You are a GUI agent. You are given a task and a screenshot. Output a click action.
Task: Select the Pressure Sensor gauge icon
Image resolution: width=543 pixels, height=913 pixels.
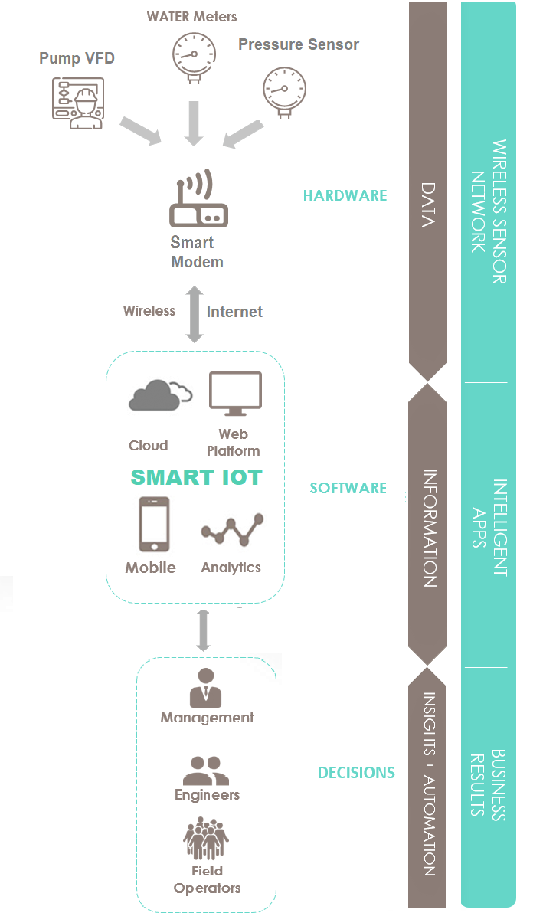point(284,90)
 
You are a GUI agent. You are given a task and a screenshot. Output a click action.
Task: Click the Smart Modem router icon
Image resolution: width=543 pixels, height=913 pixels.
point(198,201)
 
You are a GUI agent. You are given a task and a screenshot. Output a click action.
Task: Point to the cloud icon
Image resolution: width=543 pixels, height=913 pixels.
point(159,394)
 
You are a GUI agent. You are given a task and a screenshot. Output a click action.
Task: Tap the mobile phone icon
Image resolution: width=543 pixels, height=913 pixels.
point(153,525)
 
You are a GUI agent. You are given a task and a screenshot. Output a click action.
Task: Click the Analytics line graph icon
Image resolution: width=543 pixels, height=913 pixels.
point(232,529)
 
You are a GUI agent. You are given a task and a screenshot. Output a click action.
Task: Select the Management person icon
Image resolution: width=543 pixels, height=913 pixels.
point(205,688)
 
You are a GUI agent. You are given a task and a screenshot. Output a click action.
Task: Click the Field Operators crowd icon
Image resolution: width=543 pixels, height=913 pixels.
point(206,838)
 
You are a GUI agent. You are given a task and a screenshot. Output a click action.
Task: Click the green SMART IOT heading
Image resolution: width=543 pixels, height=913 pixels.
point(197,478)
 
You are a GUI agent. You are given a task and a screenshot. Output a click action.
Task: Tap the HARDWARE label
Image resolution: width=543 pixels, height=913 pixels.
point(345,195)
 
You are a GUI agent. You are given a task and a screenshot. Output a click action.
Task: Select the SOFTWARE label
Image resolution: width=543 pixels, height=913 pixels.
point(348,488)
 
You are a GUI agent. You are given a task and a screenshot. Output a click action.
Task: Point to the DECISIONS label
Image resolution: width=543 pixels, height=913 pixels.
point(356,772)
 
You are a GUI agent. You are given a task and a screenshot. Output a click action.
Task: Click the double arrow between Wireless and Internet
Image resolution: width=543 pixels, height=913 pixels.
point(195,314)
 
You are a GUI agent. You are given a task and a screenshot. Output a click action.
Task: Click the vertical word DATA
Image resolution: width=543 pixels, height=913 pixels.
point(427,205)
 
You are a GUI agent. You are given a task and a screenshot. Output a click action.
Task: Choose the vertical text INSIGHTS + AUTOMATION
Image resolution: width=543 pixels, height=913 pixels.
point(429,784)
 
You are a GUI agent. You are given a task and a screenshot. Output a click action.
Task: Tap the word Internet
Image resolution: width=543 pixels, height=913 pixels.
point(234,312)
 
